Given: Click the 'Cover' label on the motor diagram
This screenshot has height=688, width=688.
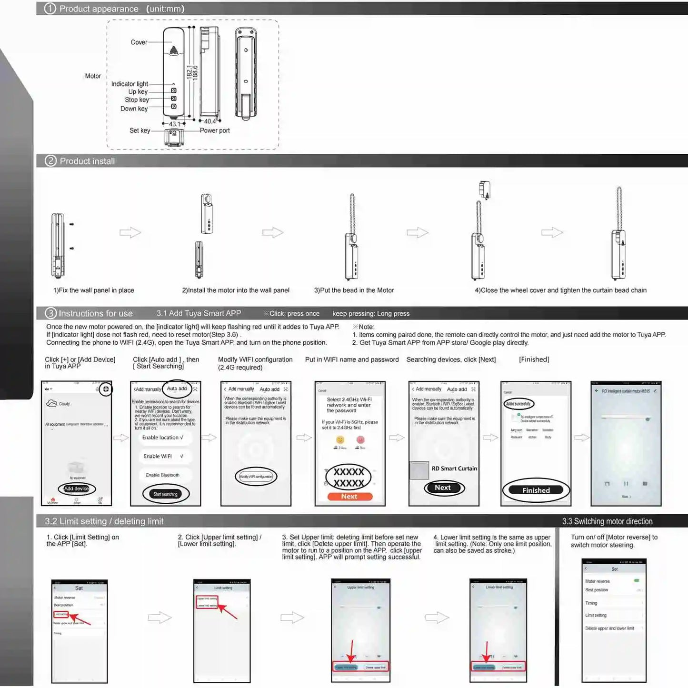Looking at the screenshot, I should pyautogui.click(x=139, y=42).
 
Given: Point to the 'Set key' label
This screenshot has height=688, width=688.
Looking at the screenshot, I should pyautogui.click(x=140, y=130).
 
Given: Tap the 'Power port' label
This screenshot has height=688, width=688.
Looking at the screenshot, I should pyautogui.click(x=215, y=130).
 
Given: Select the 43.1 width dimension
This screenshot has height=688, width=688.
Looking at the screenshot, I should pyautogui.click(x=174, y=124).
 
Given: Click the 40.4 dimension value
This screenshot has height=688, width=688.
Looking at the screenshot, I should pyautogui.click(x=210, y=121).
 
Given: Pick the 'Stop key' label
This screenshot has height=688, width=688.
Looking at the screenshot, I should pyautogui.click(x=137, y=100).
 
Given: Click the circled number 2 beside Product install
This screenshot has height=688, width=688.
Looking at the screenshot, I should pyautogui.click(x=50, y=161).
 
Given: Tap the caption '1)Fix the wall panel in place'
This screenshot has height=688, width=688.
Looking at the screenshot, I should pyautogui.click(x=94, y=290).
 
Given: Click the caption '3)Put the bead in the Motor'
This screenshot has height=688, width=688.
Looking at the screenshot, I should pyautogui.click(x=354, y=290).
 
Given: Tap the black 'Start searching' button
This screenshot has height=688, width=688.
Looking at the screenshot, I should pyautogui.click(x=165, y=494).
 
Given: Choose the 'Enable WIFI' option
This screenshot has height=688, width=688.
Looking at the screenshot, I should pyautogui.click(x=158, y=456).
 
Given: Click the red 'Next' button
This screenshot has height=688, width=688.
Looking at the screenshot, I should pyautogui.click(x=349, y=497).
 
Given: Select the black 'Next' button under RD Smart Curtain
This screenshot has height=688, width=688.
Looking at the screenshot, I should pyautogui.click(x=442, y=488).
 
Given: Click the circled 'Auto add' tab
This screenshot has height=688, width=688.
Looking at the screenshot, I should pyautogui.click(x=177, y=389).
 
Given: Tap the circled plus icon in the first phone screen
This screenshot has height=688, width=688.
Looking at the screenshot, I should pyautogui.click(x=106, y=389).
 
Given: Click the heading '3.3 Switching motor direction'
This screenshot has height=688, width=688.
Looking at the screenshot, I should pyautogui.click(x=607, y=521).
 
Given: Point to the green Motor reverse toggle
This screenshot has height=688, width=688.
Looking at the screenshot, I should pyautogui.click(x=637, y=581).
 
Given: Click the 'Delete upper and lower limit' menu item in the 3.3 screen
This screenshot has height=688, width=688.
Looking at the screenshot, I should pyautogui.click(x=609, y=628).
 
